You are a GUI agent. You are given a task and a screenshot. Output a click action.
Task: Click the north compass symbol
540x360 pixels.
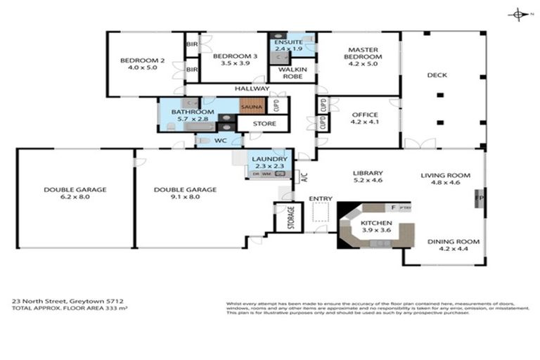tap(518, 14)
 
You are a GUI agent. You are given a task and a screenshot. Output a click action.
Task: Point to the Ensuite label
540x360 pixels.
tap(289, 43)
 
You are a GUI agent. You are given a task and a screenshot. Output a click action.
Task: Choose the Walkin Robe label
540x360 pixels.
tap(291, 72)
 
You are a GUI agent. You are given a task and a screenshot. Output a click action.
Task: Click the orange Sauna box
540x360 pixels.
tap(251, 108)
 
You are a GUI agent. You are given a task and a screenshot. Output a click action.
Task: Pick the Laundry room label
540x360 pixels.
tap(269, 160)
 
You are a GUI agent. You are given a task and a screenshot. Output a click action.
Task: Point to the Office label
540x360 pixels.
tap(364, 115)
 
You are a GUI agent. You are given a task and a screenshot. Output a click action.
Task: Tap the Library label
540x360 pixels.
tap(367, 174)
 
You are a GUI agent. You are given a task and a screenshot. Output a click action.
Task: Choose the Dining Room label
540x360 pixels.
tap(453, 242)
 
